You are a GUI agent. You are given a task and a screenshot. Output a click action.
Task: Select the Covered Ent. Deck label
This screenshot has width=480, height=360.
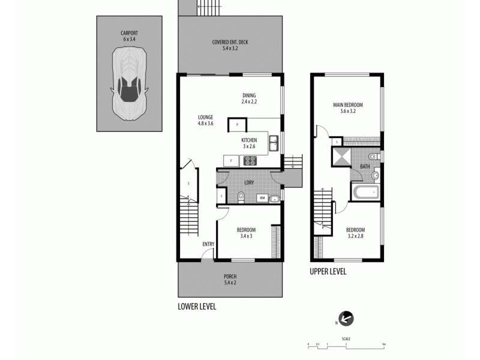pyautogui.click(x=230, y=42)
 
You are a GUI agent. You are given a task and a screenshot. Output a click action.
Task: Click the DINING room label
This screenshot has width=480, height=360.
pyautogui.click(x=249, y=95)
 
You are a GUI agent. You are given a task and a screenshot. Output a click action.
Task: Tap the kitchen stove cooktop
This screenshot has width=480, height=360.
pyautogui.click(x=249, y=160)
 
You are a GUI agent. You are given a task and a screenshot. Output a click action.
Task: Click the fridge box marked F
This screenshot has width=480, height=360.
pyautogui.click(x=230, y=160)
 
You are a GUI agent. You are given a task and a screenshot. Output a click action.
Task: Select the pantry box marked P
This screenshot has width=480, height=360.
pyautogui.click(x=238, y=124)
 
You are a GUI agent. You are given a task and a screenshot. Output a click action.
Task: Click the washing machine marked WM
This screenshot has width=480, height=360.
pyautogui.click(x=262, y=197)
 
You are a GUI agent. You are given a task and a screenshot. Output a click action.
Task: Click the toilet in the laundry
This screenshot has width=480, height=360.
pyautogui.click(x=240, y=196)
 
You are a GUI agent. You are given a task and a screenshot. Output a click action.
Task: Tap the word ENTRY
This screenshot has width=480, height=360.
pyautogui.click(x=208, y=244)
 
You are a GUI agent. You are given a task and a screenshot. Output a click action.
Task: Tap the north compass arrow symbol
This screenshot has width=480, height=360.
pyautogui.click(x=346, y=319)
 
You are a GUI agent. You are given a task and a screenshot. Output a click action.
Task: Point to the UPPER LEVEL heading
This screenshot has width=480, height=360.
pyautogui.click(x=328, y=271)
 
